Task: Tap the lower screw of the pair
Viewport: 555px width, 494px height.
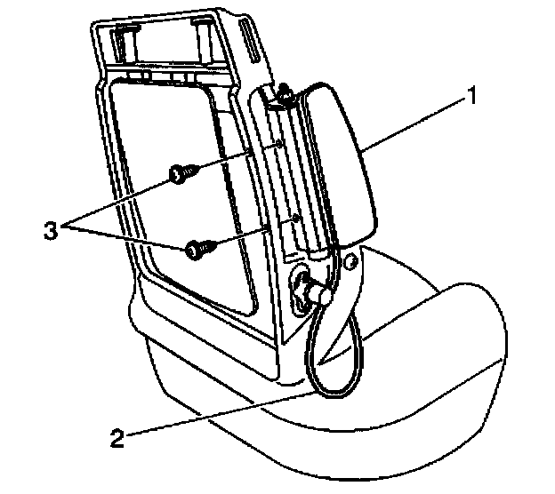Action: pos(197,250)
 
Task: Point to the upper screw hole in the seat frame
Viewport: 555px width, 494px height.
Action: pos(280,142)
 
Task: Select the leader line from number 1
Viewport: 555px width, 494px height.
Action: pos(418,121)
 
